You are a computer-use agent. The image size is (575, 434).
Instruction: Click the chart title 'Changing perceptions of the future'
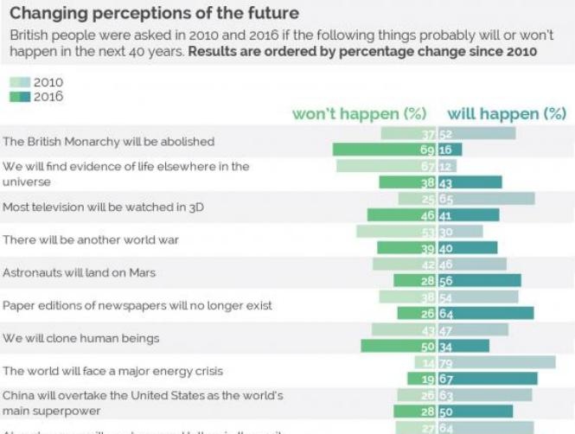(x=155, y=14)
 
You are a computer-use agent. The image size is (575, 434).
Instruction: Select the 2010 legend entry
(x=35, y=83)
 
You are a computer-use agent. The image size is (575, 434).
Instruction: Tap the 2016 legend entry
(x=35, y=97)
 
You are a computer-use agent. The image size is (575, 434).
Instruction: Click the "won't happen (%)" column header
(x=360, y=114)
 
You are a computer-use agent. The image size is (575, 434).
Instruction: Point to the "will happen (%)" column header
(x=507, y=114)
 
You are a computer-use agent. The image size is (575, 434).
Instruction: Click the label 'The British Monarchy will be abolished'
(x=109, y=141)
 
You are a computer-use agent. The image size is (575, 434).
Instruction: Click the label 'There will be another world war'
(x=91, y=239)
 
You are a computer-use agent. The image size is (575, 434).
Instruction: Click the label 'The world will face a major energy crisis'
(x=113, y=371)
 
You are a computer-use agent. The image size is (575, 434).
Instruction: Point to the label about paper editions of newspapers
(x=137, y=305)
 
